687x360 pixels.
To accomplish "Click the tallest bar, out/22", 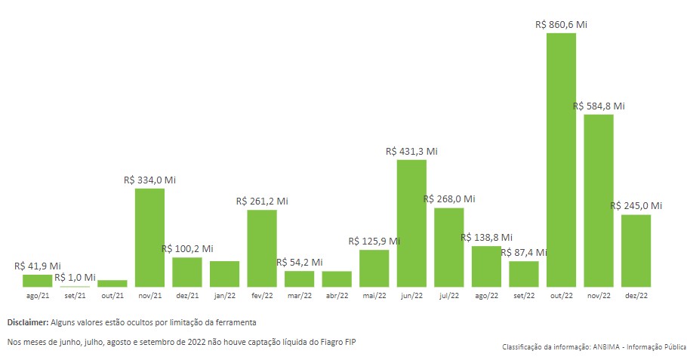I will (x=561, y=160).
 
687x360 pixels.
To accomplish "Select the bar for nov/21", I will (x=149, y=238).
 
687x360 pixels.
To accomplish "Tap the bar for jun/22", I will (x=411, y=223).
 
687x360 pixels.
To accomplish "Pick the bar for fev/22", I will (x=262, y=248).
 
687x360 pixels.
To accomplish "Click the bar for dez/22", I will (x=636, y=251).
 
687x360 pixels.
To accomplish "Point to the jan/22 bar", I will (x=224, y=274).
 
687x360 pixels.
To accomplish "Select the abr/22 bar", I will (x=337, y=278).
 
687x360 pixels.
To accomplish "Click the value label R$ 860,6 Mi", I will (x=561, y=24).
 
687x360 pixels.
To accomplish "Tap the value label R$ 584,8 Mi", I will (x=599, y=106).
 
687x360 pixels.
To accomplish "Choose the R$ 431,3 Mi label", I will (x=411, y=151).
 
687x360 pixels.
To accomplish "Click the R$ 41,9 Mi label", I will (x=38, y=266).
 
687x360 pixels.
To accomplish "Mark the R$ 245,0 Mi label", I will (x=636, y=205).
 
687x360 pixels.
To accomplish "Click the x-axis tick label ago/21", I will (x=37, y=296).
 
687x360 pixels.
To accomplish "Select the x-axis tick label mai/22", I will (x=374, y=296).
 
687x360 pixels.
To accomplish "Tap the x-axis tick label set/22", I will (x=523, y=296).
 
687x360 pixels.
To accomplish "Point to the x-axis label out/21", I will (x=112, y=296).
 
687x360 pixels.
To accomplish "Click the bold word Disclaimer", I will (x=28, y=322).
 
